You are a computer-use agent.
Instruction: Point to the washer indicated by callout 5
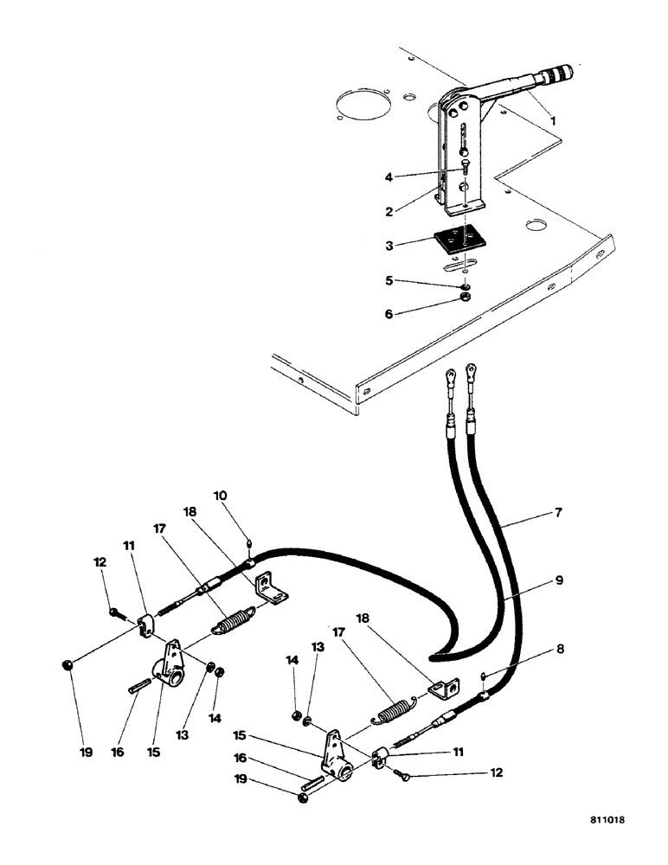pyautogui.click(x=465, y=285)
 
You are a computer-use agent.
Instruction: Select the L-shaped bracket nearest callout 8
pyautogui.click(x=443, y=689)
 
